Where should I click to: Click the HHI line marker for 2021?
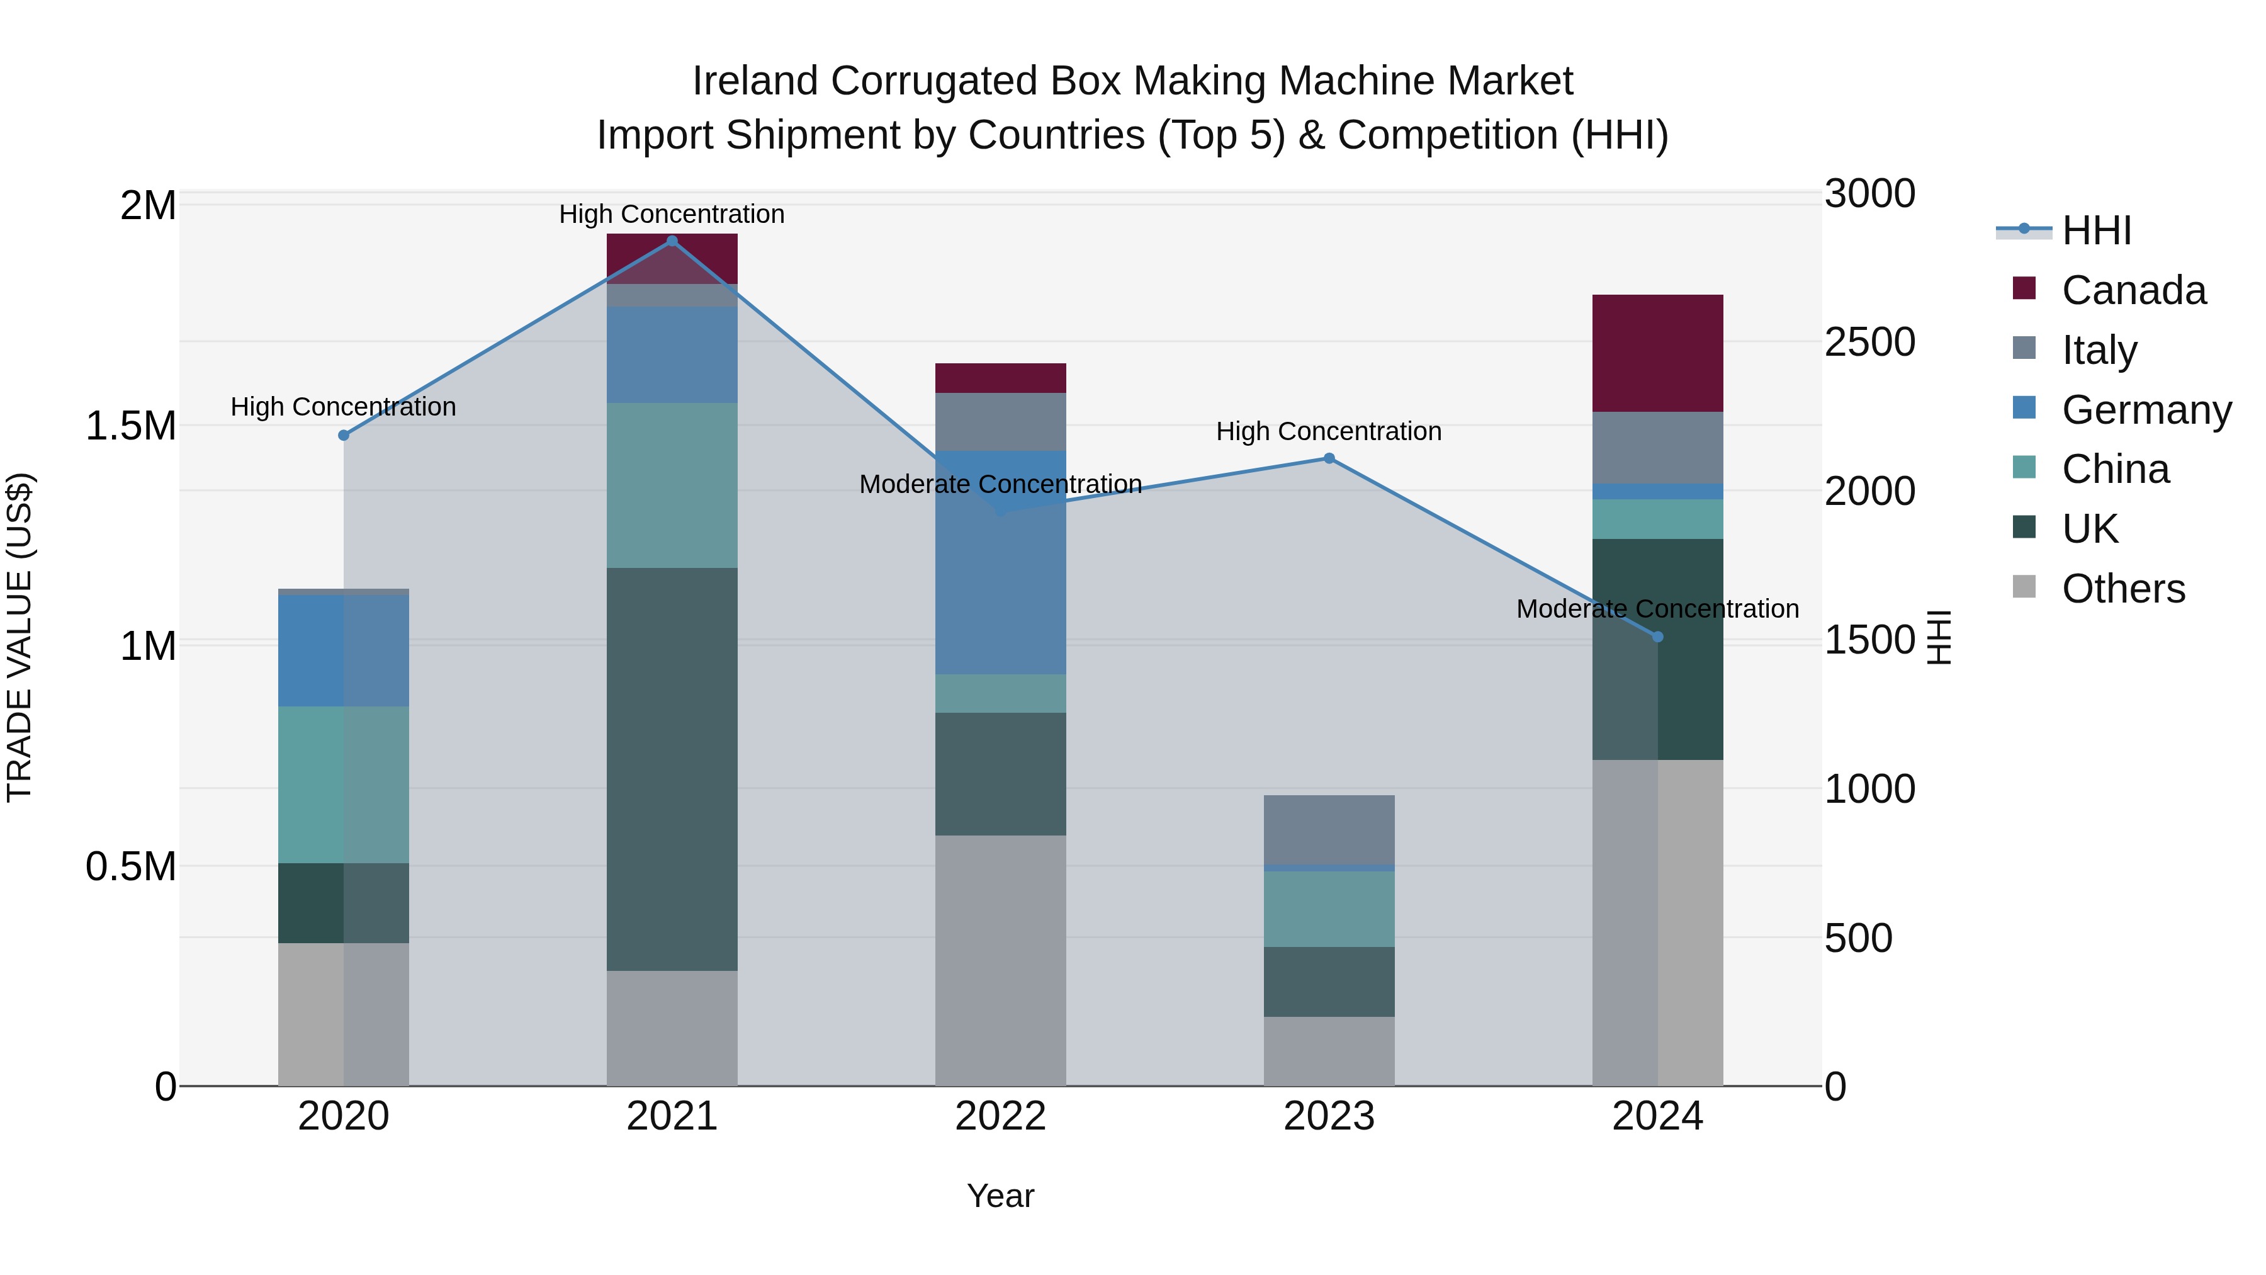coord(672,241)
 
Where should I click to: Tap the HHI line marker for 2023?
coord(1329,458)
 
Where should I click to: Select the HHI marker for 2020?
coord(344,436)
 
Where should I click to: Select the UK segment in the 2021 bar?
coord(672,769)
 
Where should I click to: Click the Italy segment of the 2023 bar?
coord(1329,830)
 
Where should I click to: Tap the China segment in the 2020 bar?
coord(344,784)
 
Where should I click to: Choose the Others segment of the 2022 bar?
coord(1000,960)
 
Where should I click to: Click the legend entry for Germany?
coord(2146,410)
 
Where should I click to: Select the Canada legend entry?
coord(2133,290)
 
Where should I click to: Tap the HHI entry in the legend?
coord(2096,230)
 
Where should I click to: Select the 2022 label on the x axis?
coord(1000,1116)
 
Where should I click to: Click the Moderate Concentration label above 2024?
coord(1657,609)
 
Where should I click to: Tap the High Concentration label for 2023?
coord(1329,431)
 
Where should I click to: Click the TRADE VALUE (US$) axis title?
coord(20,637)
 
